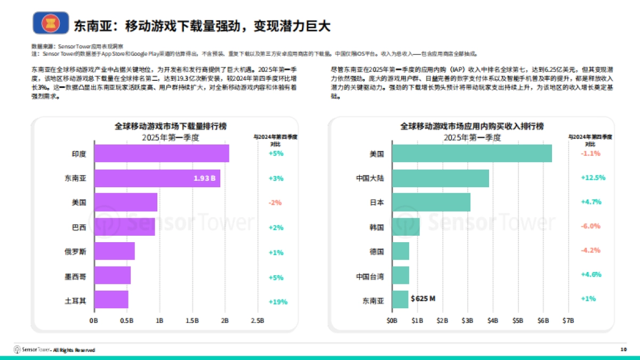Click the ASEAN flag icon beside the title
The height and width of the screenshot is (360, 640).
tap(51, 23)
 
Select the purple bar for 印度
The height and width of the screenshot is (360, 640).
tap(162, 154)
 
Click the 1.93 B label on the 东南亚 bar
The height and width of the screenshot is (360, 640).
tap(204, 178)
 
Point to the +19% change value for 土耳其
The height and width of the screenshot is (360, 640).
tap(277, 302)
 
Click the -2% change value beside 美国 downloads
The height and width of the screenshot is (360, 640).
tap(275, 203)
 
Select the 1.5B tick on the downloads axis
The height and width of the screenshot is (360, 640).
tap(192, 321)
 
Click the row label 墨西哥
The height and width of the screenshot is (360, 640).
tap(75, 277)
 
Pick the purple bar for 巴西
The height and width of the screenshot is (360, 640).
tap(125, 227)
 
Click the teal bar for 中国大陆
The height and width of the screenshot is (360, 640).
tap(441, 178)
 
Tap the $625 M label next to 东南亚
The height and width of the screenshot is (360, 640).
tap(423, 299)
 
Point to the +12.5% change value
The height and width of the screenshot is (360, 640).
tap(591, 178)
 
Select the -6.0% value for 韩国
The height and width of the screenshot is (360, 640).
tap(591, 226)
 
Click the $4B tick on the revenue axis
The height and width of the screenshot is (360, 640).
tap(492, 321)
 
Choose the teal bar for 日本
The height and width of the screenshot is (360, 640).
tap(431, 203)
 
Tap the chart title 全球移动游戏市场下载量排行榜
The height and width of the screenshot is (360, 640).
tap(171, 126)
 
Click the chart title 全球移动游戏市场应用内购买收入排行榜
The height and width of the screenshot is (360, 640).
tap(472, 126)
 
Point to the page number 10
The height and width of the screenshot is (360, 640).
tap(623, 349)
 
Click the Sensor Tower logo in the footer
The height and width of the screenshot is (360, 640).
tap(32, 350)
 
